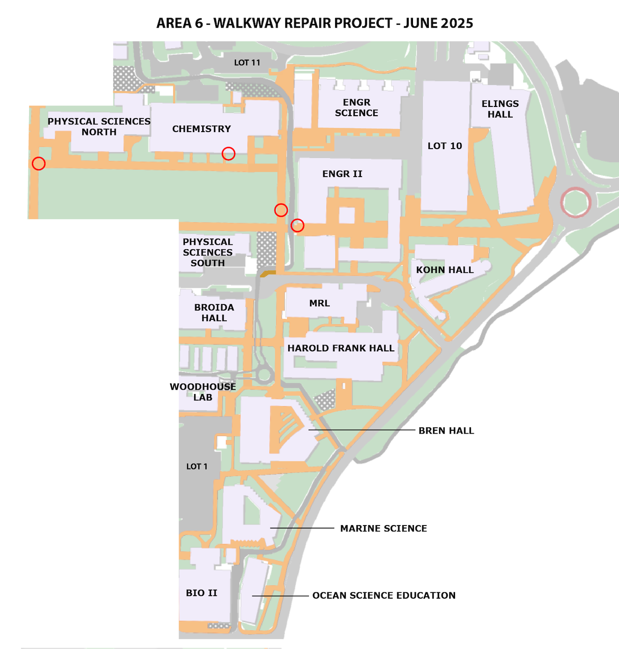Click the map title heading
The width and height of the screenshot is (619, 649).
tap(314, 23)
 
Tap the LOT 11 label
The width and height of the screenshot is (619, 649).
tap(247, 62)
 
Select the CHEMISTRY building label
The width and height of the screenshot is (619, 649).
tap(201, 129)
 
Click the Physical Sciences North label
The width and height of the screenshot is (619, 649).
tap(99, 126)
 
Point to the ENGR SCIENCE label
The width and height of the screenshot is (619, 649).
tap(356, 107)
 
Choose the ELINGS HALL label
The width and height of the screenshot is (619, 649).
tap(500, 109)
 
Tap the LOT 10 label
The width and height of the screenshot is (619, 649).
tap(445, 146)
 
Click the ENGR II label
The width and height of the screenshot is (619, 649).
tap(342, 174)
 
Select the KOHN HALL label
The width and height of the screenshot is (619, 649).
tap(445, 270)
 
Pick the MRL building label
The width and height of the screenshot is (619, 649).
tap(319, 303)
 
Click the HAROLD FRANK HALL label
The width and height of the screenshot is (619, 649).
tap(341, 348)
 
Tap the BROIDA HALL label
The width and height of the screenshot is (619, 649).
tap(214, 313)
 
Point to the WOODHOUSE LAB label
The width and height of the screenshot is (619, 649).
tap(203, 392)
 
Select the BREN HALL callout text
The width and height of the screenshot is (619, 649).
tap(446, 430)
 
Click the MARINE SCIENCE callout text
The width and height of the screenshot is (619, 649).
tap(383, 528)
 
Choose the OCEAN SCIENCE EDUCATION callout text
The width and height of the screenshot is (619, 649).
tap(384, 595)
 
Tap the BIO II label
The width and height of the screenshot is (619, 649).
tap(202, 593)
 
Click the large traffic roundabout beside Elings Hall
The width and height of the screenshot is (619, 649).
tap(576, 188)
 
